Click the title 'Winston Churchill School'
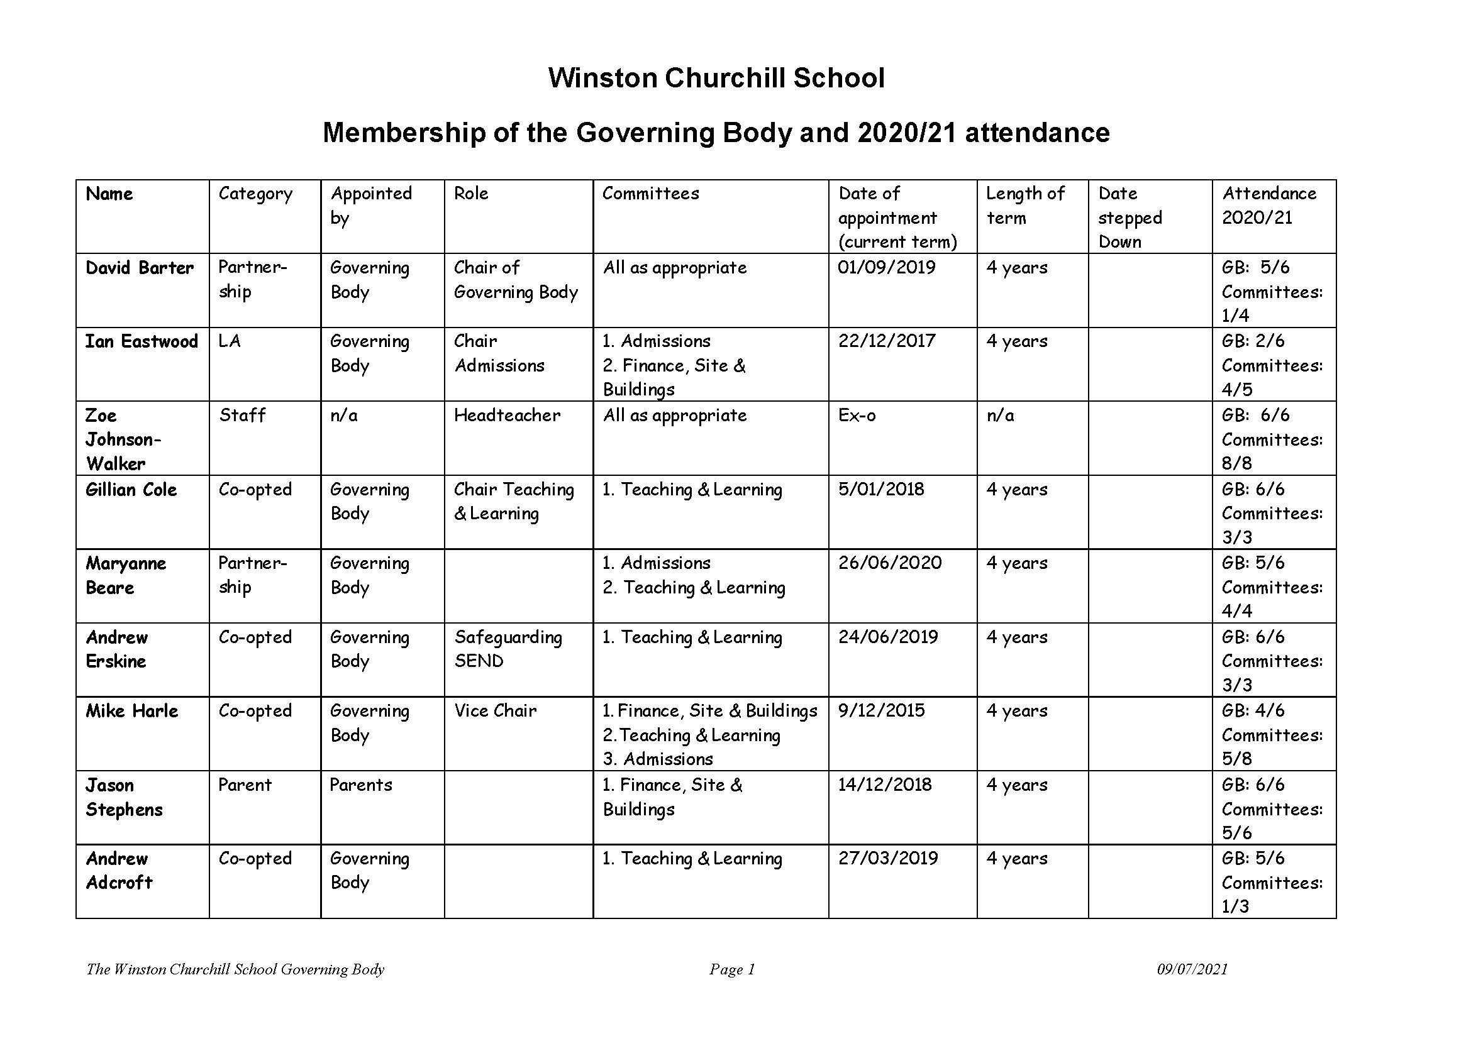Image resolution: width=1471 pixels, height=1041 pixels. [716, 78]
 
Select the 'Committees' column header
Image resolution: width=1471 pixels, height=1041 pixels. [650, 194]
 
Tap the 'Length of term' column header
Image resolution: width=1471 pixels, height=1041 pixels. [1024, 205]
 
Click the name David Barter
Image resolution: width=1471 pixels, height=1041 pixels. [140, 268]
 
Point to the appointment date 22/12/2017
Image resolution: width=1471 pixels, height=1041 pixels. [887, 341]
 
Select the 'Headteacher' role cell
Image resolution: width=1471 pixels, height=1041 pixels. [506, 416]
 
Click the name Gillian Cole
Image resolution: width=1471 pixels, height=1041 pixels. [131, 490]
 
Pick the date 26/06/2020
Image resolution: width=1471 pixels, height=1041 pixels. [889, 563]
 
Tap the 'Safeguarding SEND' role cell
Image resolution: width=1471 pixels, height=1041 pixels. [508, 649]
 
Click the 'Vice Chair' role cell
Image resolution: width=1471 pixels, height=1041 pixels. [495, 711]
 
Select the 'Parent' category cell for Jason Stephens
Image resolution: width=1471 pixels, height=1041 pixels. [245, 785]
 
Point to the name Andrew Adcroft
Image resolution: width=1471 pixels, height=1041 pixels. [119, 871]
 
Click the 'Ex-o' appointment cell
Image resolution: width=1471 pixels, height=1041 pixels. [857, 416]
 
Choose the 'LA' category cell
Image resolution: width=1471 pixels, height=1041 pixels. [229, 341]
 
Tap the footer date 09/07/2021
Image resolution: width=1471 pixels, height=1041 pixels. [1192, 969]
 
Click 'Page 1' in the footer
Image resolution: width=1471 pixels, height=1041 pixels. [731, 969]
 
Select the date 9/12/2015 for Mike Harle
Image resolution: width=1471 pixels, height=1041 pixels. [881, 711]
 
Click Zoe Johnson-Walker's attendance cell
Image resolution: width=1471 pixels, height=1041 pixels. [1272, 439]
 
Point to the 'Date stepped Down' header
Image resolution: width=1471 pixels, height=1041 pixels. [1130, 218]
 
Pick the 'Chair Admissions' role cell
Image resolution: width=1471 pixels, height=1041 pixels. [499, 353]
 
